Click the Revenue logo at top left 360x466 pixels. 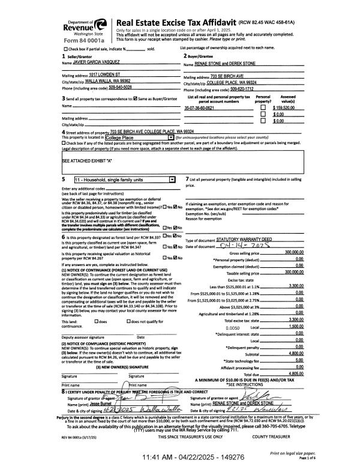(x=85, y=27)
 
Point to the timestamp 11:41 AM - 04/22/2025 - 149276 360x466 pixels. (x=179, y=458)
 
